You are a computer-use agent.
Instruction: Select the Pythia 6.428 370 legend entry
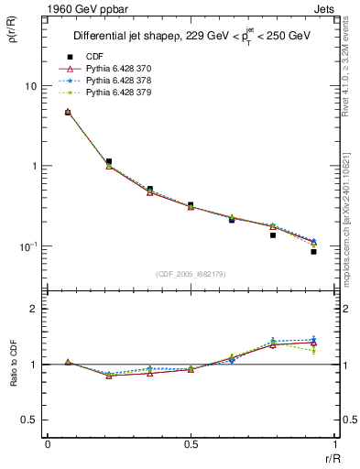coord(119,69)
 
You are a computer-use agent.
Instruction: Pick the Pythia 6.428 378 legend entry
coord(119,81)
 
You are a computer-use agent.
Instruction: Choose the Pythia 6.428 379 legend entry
coord(119,93)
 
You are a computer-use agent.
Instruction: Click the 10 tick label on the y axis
coord(29,86)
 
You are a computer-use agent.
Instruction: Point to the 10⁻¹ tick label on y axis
coord(27,246)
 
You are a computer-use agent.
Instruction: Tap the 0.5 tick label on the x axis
coord(190,443)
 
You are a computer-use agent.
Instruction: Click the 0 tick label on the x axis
coord(47,443)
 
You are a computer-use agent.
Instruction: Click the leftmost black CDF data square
coord(68,112)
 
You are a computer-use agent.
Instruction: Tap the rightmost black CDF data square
coord(313,251)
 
